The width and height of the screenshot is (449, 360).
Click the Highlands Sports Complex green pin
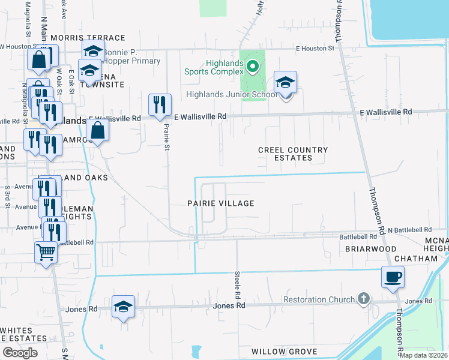coord(253,66)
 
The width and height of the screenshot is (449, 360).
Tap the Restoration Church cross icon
coord(363,299)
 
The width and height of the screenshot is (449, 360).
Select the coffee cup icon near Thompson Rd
coord(393,277)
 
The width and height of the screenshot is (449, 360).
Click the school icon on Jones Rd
coord(123,307)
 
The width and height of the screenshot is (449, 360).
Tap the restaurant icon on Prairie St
coord(160,105)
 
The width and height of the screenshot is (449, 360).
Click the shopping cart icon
coord(46,253)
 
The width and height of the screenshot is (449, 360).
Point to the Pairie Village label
coord(220,203)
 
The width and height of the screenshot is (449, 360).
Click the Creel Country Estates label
coord(293,154)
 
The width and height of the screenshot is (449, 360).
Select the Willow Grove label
coord(284,351)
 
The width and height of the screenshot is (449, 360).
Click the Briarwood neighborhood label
coord(371,248)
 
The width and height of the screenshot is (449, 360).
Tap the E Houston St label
coord(315,48)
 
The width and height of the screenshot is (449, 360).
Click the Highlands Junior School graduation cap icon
coord(286,82)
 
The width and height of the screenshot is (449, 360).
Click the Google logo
coord(20,352)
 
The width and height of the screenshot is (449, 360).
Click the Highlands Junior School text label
coord(232,94)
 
